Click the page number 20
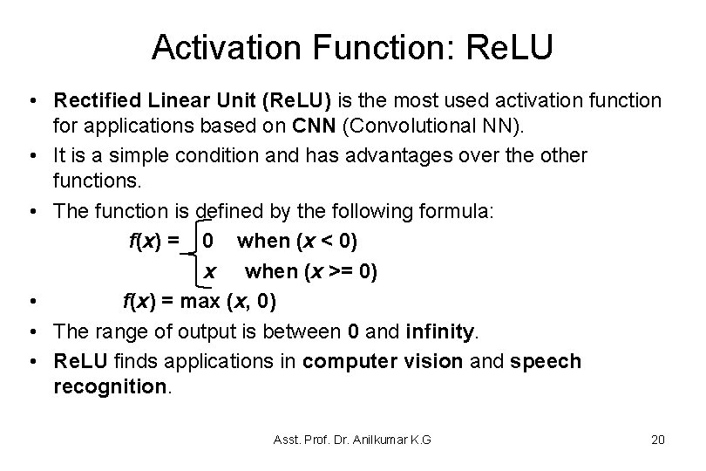(658, 440)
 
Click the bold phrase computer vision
(384, 361)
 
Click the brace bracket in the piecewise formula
(190, 255)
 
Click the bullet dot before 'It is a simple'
(32, 155)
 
